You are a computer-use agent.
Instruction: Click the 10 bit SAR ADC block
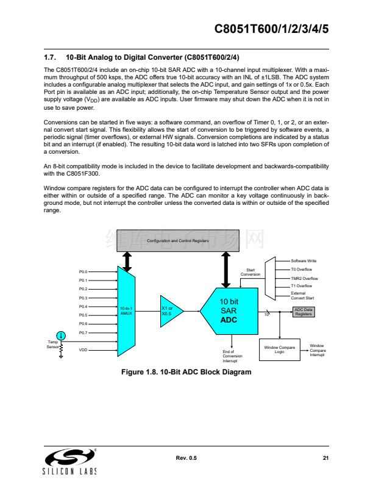229,311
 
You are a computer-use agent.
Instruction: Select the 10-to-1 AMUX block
126,311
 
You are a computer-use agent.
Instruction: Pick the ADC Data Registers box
304,312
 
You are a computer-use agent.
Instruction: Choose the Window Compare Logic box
280,349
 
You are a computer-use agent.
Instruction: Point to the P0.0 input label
83,271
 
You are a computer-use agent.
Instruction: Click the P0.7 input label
83,333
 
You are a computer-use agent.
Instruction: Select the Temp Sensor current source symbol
61,335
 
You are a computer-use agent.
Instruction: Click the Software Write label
304,261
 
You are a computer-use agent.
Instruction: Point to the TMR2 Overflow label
304,278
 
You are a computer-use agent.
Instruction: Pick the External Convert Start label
302,296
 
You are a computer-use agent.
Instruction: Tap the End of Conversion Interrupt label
232,357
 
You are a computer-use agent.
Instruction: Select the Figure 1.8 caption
187,372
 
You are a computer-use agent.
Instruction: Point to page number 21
325,457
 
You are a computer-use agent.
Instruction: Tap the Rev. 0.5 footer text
187,457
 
